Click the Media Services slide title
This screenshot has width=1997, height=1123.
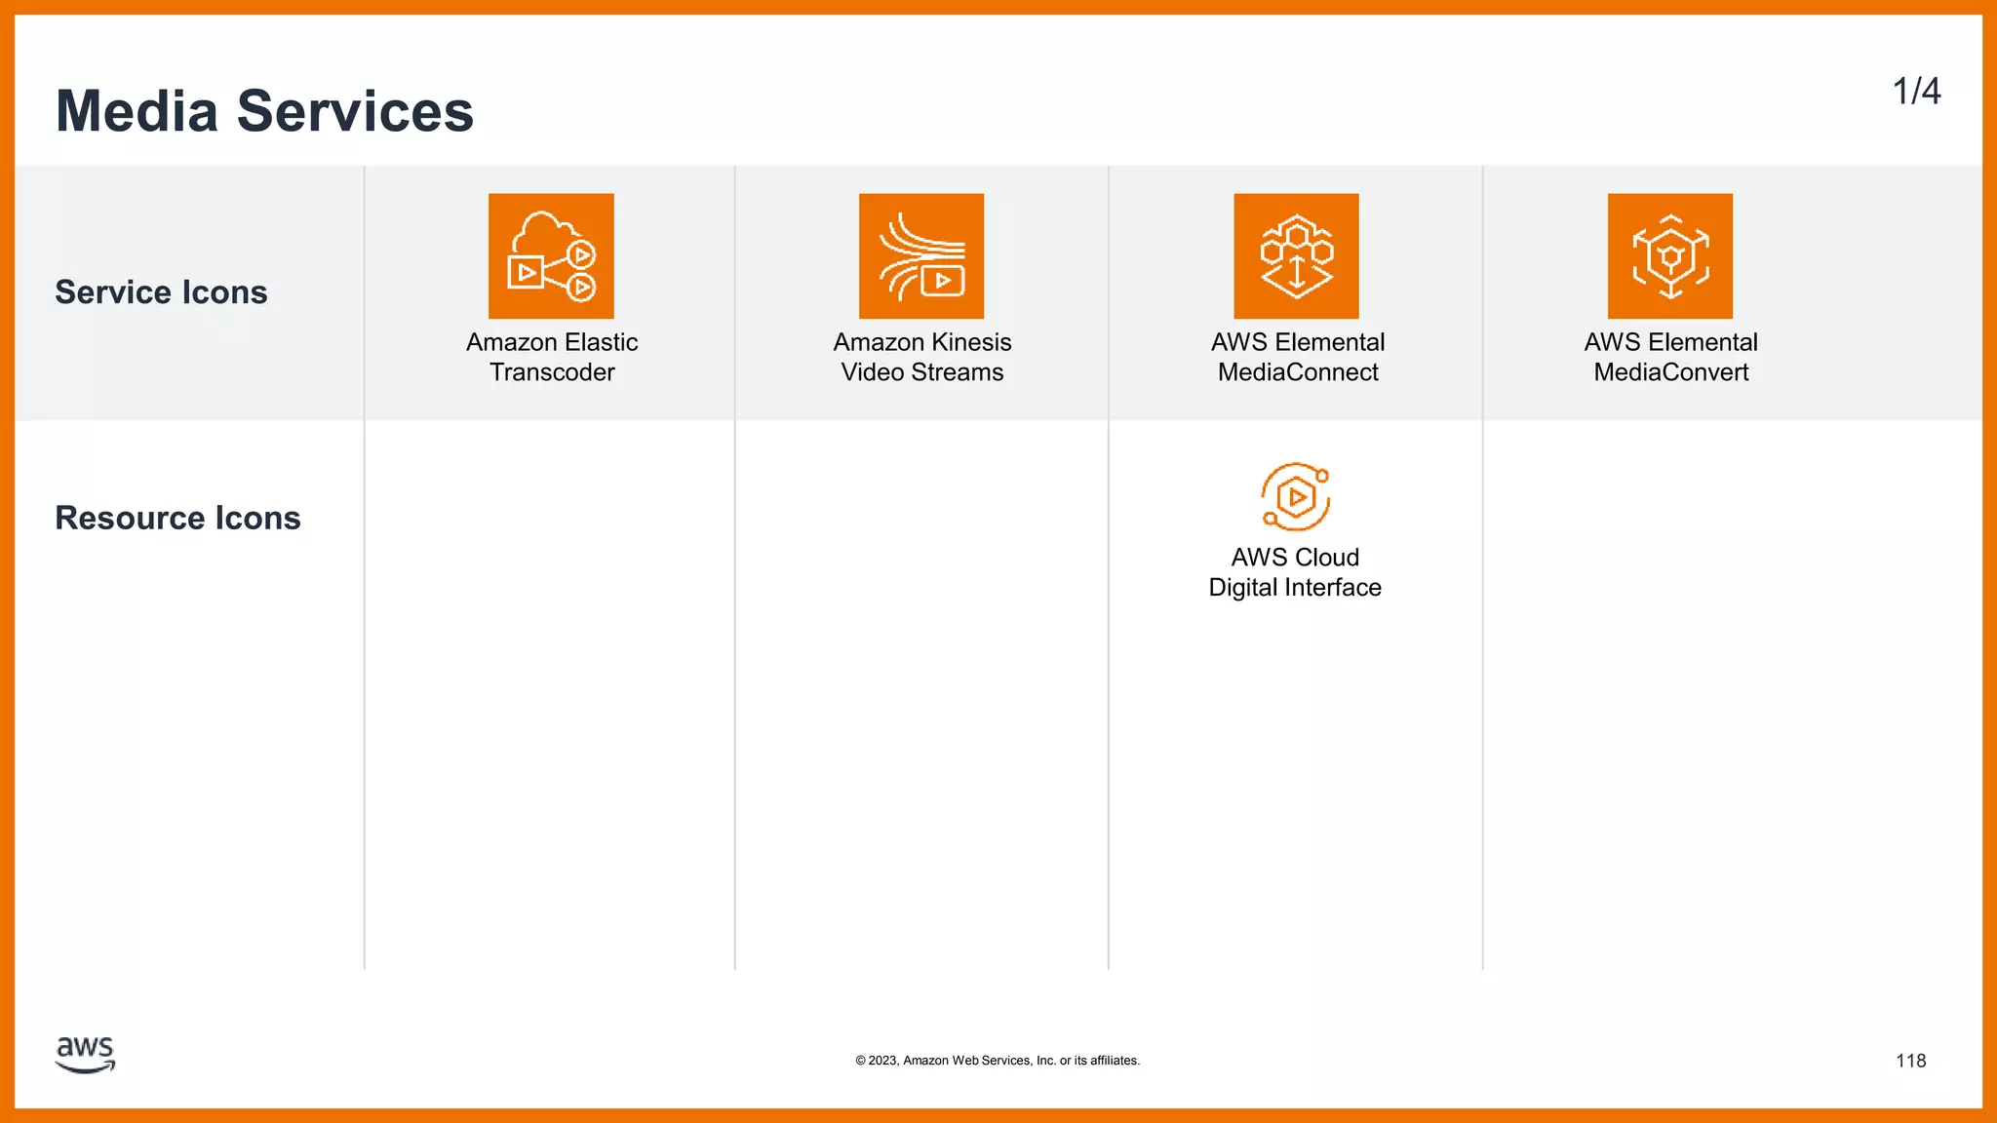pos(264,111)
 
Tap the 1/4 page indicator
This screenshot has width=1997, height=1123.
pos(1916,92)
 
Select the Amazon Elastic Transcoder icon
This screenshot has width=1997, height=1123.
pos(551,256)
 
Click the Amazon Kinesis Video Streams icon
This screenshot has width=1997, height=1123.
pos(921,256)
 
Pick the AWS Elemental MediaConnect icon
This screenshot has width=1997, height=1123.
pos(1296,256)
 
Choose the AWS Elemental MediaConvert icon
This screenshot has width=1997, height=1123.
pos(1670,256)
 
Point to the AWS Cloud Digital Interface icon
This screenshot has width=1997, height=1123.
pos(1295,497)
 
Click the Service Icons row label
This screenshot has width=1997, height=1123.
pos(161,292)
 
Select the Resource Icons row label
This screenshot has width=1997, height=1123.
pos(177,518)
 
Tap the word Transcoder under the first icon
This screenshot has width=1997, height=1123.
pos(552,372)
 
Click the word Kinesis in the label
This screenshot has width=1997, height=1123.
pos(970,342)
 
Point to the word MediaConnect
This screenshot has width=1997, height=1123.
pos(1298,372)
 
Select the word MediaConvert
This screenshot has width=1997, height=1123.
pos(1671,372)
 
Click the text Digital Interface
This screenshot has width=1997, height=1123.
pos(1295,588)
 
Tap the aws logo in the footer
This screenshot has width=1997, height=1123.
pos(86,1055)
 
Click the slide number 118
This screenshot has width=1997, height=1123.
pos(1910,1061)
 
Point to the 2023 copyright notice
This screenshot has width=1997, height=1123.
pos(998,1061)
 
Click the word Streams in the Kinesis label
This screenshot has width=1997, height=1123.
pos(957,372)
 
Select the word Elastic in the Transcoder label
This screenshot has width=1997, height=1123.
pos(601,342)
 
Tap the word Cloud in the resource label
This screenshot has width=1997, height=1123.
pos(1327,558)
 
